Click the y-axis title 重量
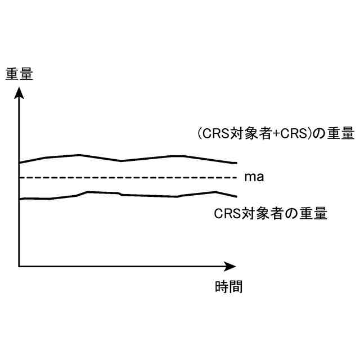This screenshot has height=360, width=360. point(19,74)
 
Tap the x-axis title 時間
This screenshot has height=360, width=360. point(228,286)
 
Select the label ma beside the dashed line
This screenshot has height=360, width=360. point(254,177)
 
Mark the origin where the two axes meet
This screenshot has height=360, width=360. point(19,265)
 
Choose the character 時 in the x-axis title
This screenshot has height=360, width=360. point(222,286)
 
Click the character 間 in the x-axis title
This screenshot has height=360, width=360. point(236,286)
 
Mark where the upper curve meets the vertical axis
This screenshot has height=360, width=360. point(20,163)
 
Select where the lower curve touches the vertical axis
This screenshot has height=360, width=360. point(20,199)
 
